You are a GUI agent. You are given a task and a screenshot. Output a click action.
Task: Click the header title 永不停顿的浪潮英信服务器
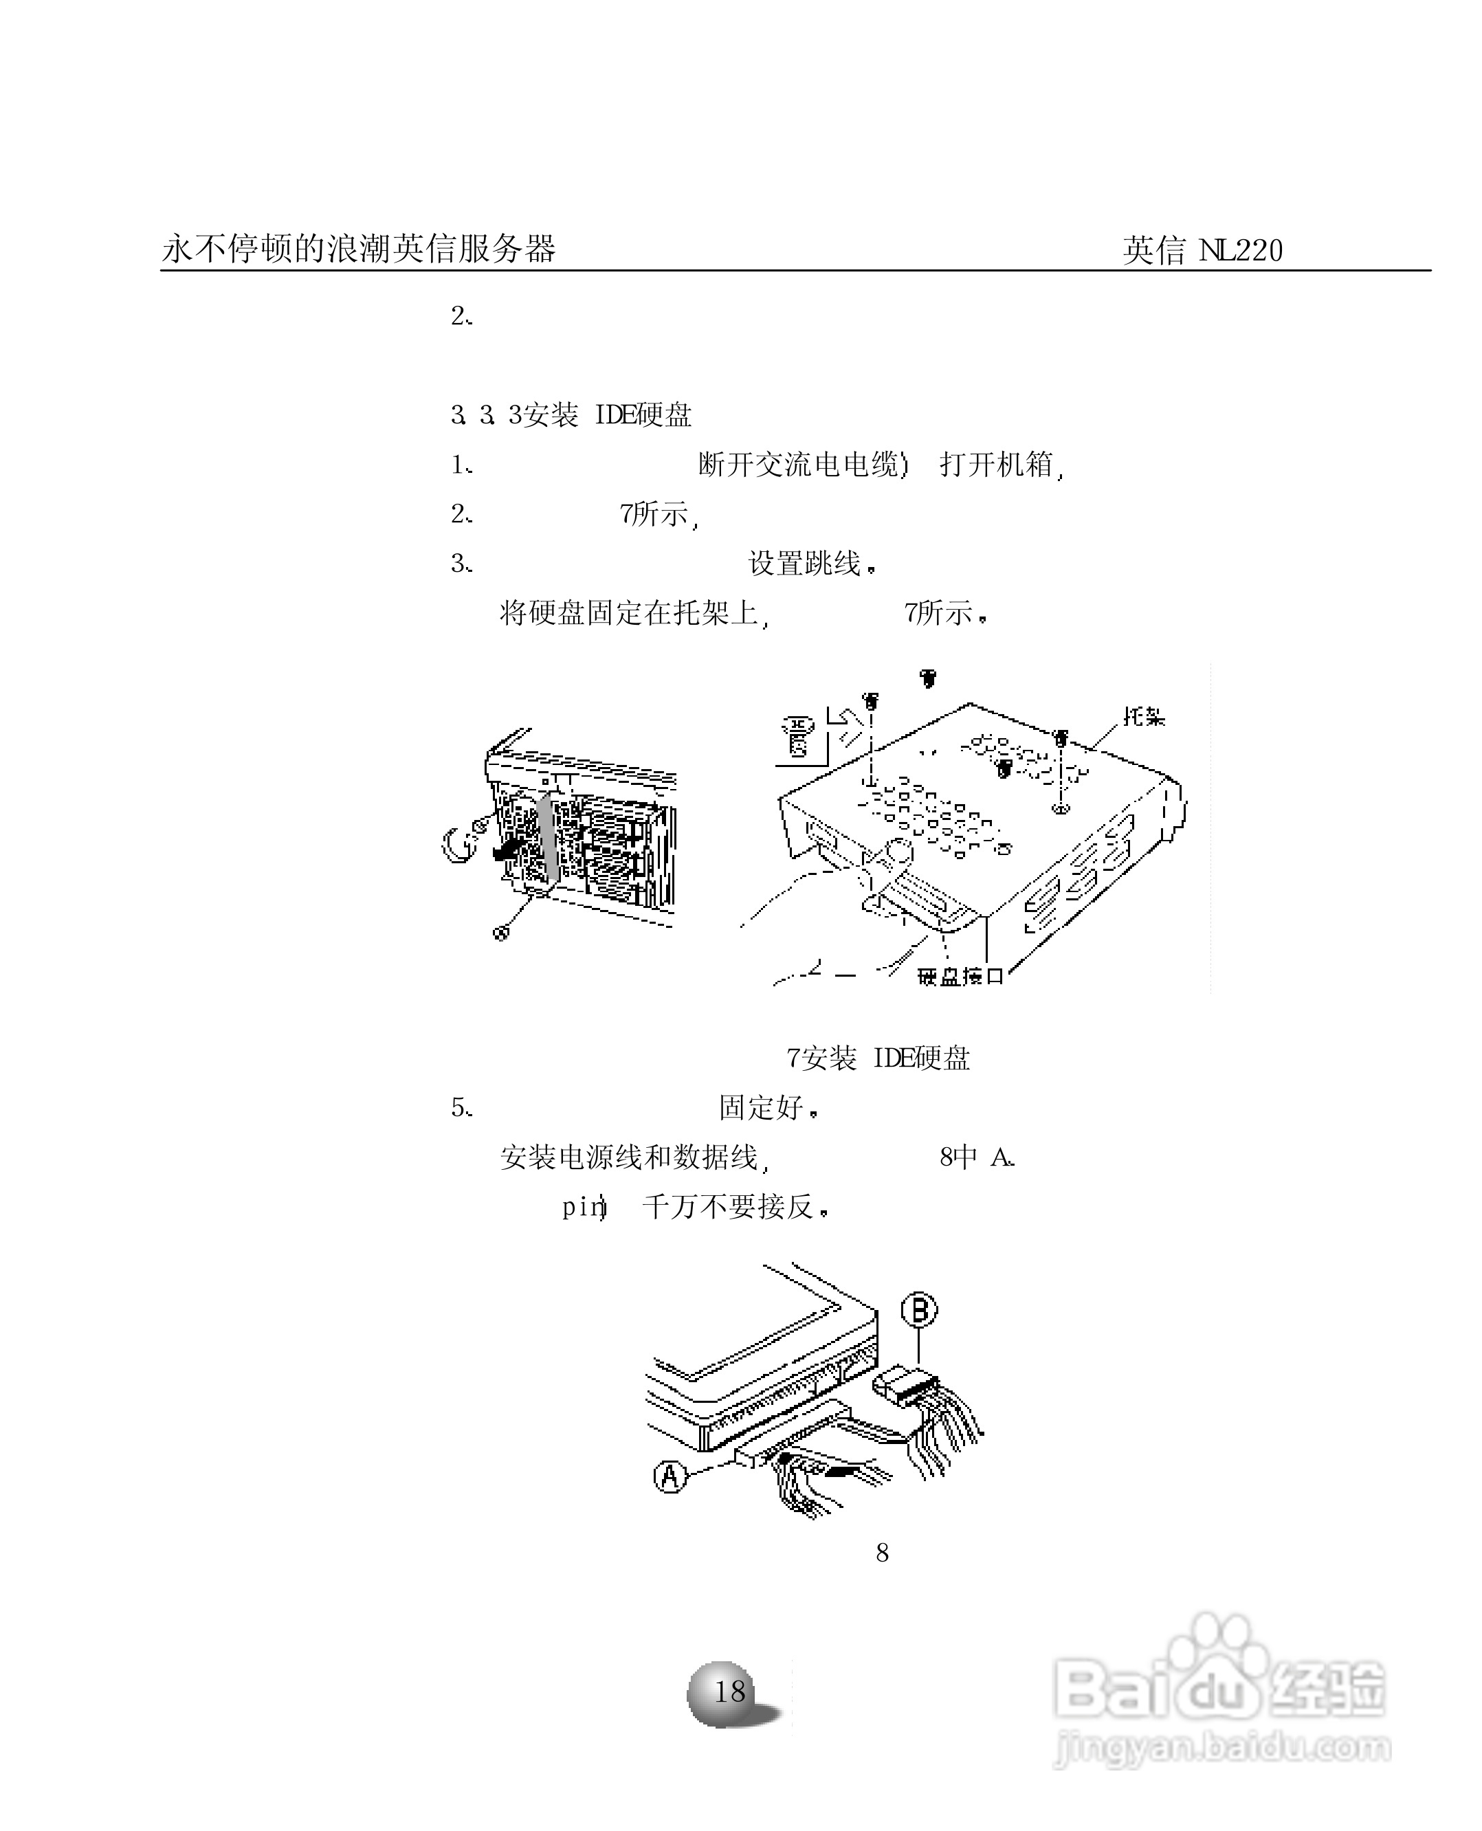coord(359,249)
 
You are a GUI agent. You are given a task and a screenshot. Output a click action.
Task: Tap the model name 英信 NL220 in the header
coord(1202,250)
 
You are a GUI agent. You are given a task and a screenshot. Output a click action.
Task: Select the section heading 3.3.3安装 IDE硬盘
coord(571,416)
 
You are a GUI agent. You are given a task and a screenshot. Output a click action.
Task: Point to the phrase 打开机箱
coord(997,465)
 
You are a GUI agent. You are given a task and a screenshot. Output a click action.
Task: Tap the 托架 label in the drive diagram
coord(1143,716)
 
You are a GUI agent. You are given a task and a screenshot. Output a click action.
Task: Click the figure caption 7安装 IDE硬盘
coord(878,1058)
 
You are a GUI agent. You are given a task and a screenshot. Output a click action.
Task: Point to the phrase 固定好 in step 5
coord(762,1108)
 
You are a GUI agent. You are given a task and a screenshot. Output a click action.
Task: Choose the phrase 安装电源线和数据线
coord(629,1157)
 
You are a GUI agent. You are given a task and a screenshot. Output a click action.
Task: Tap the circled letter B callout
coord(918,1309)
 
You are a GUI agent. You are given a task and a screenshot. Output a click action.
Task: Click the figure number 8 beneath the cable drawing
coord(882,1553)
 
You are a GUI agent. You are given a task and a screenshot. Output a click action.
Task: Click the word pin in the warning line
coord(582,1207)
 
